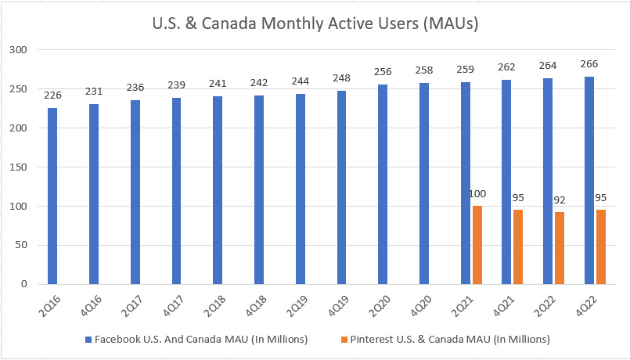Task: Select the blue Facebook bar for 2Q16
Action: (x=52, y=196)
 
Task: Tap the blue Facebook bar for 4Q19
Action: (x=342, y=187)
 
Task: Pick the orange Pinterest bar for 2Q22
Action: (x=560, y=248)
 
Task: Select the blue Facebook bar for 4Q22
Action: (x=589, y=180)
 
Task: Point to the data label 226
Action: (x=52, y=96)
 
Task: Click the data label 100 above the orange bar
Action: (x=477, y=193)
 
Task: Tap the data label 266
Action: (x=589, y=65)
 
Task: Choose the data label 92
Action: (x=560, y=200)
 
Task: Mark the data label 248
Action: (x=342, y=79)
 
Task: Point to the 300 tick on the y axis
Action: (x=19, y=50)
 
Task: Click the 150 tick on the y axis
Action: (x=19, y=167)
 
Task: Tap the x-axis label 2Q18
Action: (x=213, y=304)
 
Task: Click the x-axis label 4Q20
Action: (x=419, y=304)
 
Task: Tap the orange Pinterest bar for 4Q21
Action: (x=518, y=247)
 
